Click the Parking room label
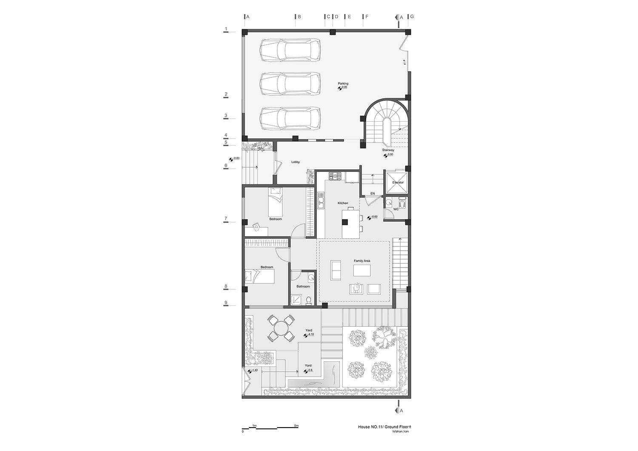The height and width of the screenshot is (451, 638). click(343, 83)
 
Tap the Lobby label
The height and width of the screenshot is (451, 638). click(295, 162)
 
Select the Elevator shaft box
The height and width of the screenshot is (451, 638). click(396, 183)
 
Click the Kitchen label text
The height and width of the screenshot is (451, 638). click(343, 203)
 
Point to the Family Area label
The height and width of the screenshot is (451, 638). click(362, 261)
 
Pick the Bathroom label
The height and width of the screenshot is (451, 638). click(303, 286)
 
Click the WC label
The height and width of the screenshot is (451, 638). click(396, 209)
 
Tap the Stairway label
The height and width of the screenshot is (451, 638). click(388, 150)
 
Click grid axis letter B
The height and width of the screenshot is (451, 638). click(299, 17)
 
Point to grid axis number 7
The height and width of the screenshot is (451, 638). click(226, 219)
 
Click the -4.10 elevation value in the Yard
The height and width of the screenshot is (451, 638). click(310, 334)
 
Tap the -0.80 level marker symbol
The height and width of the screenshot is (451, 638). click(231, 160)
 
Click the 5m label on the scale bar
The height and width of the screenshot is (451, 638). click(296, 434)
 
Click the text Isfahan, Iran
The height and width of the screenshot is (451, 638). click(401, 440)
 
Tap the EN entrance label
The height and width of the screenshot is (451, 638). click(373, 194)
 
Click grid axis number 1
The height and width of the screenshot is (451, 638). click(226, 29)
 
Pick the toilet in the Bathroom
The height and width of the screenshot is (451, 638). click(308, 300)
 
